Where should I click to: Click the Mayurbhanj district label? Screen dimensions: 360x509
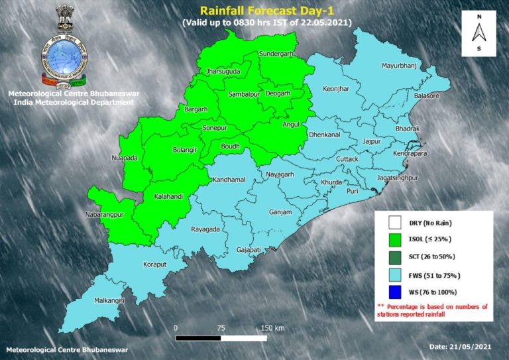coord(401,66)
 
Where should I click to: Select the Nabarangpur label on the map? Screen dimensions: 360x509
coord(105,216)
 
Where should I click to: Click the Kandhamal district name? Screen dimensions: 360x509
coord(228,180)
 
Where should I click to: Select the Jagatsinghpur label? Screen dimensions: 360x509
coord(398,179)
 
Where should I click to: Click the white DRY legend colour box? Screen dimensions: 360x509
coord(396,223)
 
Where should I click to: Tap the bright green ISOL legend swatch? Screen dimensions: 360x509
coord(396,239)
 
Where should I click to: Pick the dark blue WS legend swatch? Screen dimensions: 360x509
coord(396,292)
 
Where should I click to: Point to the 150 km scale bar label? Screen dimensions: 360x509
coord(272,328)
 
